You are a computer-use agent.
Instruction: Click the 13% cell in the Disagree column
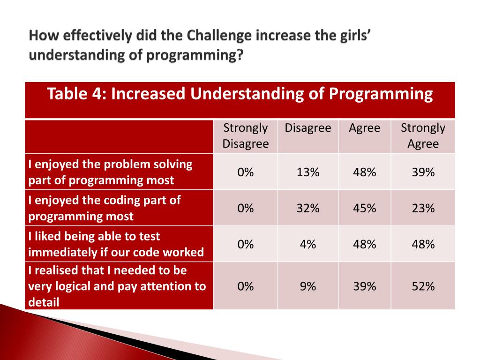pyautogui.click(x=307, y=172)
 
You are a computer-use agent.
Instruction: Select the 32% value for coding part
pyautogui.click(x=307, y=208)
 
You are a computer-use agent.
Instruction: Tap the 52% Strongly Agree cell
pyautogui.click(x=423, y=286)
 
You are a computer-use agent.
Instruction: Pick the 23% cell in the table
pyautogui.click(x=423, y=208)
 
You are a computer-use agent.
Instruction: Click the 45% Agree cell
pyautogui.click(x=364, y=208)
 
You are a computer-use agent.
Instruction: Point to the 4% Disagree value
pyautogui.click(x=307, y=244)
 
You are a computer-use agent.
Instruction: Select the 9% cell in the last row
pyautogui.click(x=307, y=286)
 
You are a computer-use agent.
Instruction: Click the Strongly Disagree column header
pyautogui.click(x=245, y=136)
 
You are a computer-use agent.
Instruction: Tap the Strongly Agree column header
pyautogui.click(x=423, y=136)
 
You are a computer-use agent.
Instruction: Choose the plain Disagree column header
pyautogui.click(x=307, y=128)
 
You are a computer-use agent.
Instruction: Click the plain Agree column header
pyautogui.click(x=364, y=128)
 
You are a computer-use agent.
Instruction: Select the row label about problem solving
pyautogui.click(x=110, y=172)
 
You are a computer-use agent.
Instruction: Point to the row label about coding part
pyautogui.click(x=104, y=208)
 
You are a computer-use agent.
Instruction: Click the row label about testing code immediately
pyautogui.click(x=116, y=244)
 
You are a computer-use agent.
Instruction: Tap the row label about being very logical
pyautogui.click(x=117, y=286)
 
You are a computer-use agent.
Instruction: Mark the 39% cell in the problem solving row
pyautogui.click(x=423, y=172)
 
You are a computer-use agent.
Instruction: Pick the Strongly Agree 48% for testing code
pyautogui.click(x=423, y=244)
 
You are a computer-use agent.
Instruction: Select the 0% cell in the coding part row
pyautogui.click(x=245, y=208)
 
